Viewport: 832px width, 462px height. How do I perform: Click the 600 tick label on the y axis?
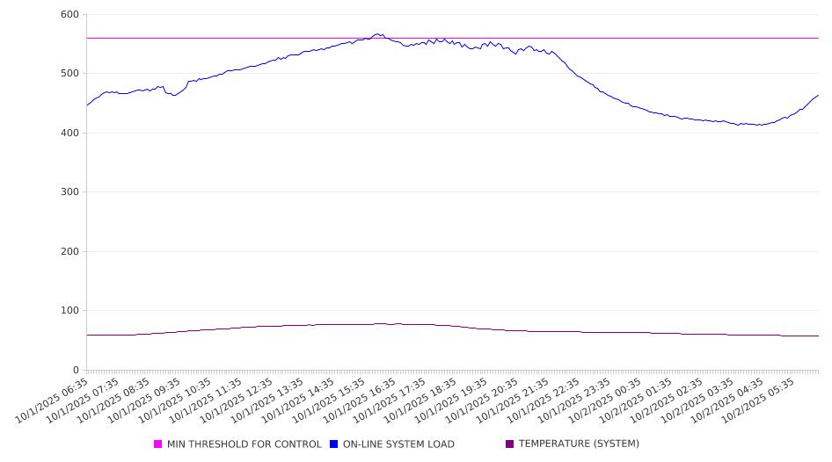[69, 15]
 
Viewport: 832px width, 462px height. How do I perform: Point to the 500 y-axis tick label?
[69, 74]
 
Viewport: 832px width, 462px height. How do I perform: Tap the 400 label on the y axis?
[69, 134]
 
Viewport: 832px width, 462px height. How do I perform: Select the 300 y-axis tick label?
[69, 192]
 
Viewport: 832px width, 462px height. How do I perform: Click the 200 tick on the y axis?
[69, 252]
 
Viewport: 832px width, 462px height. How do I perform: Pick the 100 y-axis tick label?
[69, 311]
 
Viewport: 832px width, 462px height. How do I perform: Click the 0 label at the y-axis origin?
[76, 371]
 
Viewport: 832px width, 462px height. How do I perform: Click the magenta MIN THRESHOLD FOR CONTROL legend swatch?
[158, 444]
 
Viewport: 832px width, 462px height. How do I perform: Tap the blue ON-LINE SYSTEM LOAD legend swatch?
[334, 444]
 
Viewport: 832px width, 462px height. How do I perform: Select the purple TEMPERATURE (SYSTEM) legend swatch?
[510, 444]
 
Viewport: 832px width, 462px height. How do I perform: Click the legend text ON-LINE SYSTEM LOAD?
[398, 444]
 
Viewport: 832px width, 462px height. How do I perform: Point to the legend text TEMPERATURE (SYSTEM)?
[579, 444]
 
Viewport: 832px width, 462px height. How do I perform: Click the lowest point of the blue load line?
[758, 125]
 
